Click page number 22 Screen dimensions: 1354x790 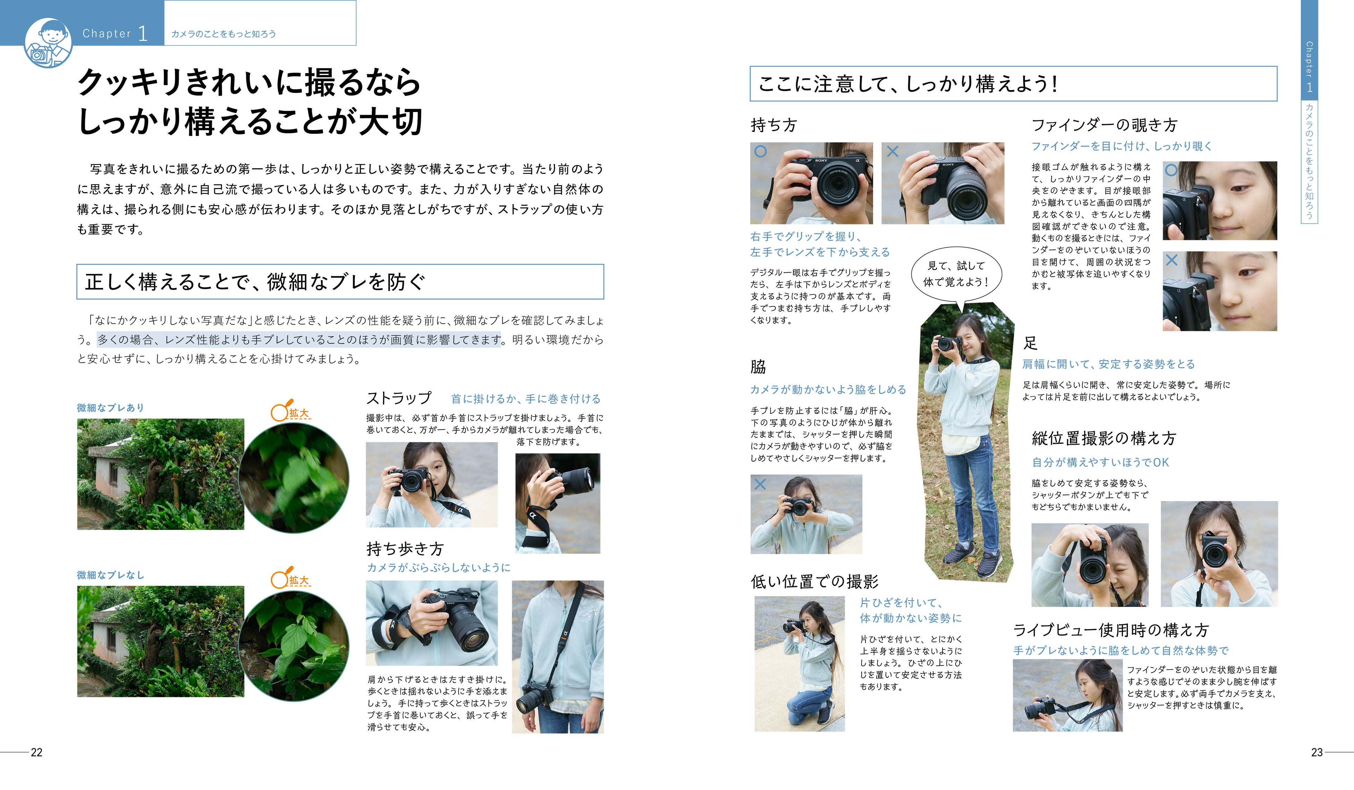pos(36,753)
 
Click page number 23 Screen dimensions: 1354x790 pos(1317,753)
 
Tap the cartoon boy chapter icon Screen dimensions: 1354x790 pos(48,43)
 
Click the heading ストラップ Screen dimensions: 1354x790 pos(399,398)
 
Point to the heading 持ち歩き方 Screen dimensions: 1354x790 pos(405,548)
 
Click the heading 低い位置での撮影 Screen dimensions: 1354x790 pos(814,581)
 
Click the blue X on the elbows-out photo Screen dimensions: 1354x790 pos(760,484)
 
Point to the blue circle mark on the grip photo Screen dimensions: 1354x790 pos(760,152)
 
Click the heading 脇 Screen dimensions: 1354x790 pos(758,367)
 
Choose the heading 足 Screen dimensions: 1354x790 pos(1030,343)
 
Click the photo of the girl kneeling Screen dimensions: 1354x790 pos(800,664)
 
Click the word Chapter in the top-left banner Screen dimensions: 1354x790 pos(107,33)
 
